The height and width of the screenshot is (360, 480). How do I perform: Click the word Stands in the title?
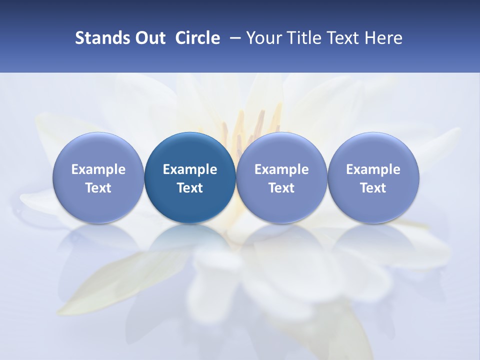[x=97, y=38]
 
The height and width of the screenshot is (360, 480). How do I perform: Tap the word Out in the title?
[x=148, y=38]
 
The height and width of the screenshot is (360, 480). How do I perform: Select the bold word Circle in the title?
[x=197, y=38]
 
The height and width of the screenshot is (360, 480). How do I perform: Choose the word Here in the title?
[x=383, y=38]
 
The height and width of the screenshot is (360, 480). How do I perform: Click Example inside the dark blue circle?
[x=190, y=169]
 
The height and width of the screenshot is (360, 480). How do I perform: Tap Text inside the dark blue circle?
[x=190, y=188]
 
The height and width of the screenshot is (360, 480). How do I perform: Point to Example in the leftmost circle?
[x=98, y=169]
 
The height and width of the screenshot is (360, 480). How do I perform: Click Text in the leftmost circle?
[x=98, y=188]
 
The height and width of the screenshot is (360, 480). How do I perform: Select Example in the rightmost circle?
[x=373, y=169]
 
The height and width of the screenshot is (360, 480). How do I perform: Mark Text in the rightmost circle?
[x=373, y=188]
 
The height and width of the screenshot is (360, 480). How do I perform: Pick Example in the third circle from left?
[x=281, y=169]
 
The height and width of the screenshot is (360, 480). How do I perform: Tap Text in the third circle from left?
[x=281, y=188]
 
